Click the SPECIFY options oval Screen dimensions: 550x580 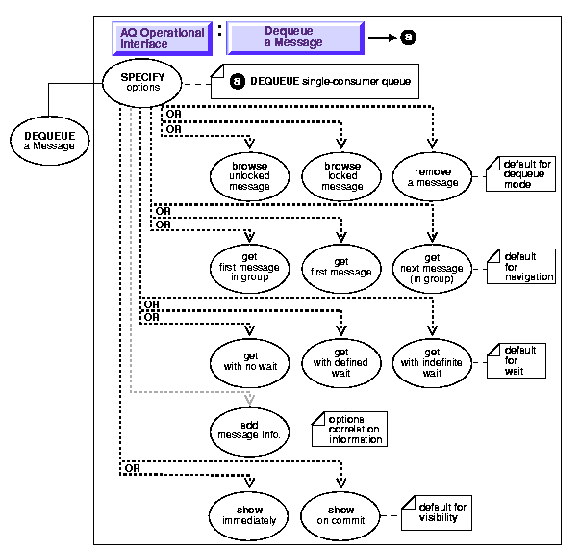coord(142,83)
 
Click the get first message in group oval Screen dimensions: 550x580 coord(250,266)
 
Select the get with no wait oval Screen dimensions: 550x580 coord(250,359)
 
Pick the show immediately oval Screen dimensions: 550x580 coord(250,513)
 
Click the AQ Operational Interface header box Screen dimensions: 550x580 coord(162,39)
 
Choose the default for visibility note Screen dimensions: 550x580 coord(439,511)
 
